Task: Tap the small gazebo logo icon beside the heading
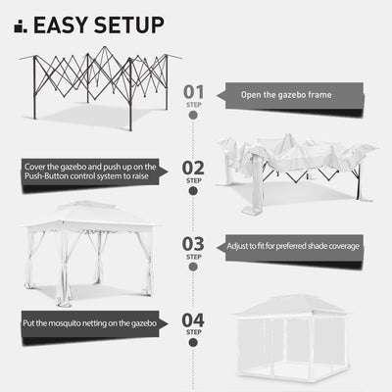point(20,25)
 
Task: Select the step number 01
point(194,92)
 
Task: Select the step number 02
point(194,168)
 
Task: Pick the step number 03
point(194,244)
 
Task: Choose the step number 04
point(194,319)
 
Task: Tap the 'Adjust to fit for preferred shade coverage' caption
point(293,246)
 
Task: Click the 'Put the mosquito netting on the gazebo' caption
point(90,320)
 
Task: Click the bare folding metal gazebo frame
point(98,88)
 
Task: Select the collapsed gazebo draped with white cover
point(294,167)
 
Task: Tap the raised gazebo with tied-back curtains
point(88,250)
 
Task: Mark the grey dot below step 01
point(193,115)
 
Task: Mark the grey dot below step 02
point(193,191)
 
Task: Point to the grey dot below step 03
point(193,267)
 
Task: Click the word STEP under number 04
point(194,332)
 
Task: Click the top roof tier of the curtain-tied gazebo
point(87,211)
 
